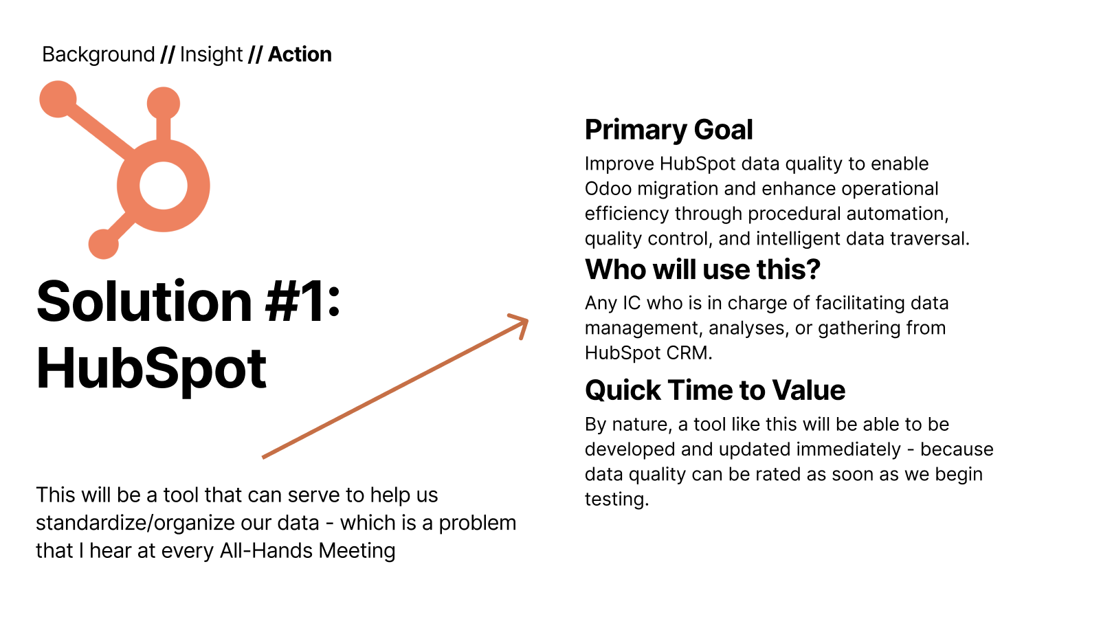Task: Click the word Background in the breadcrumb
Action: (98, 54)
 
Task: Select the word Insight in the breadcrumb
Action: (212, 54)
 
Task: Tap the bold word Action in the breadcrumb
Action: (300, 54)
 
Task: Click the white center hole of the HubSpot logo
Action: (163, 186)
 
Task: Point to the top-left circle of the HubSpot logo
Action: (58, 99)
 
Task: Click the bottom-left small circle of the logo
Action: (103, 244)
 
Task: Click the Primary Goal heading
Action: (669, 130)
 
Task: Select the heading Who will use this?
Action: (703, 269)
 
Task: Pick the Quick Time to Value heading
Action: (715, 390)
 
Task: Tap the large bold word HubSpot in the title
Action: (151, 368)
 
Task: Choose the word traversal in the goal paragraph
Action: (929, 238)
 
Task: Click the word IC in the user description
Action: (632, 303)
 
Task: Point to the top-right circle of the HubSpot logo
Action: (164, 103)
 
